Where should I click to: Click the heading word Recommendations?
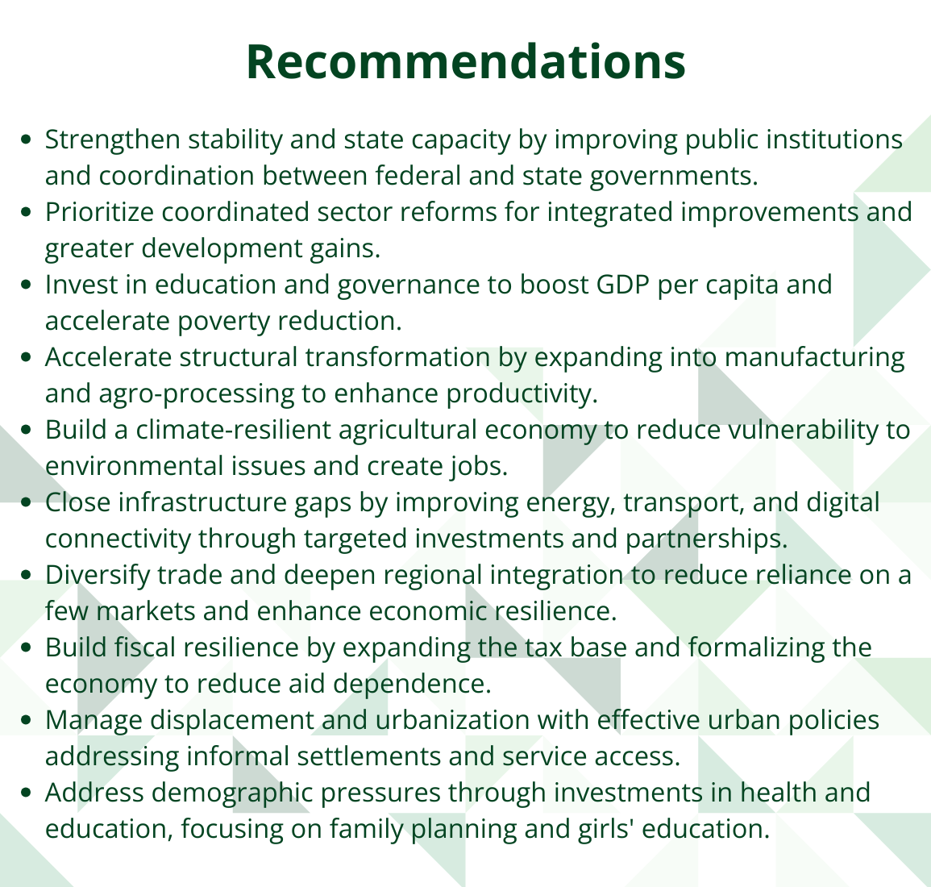[x=466, y=62]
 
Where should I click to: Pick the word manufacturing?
[x=815, y=358]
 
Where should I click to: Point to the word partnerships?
[x=707, y=539]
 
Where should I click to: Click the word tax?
[x=544, y=648]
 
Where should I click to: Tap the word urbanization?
[x=452, y=720]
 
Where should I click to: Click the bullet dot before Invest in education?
[x=26, y=285]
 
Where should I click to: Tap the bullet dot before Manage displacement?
[x=26, y=720]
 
